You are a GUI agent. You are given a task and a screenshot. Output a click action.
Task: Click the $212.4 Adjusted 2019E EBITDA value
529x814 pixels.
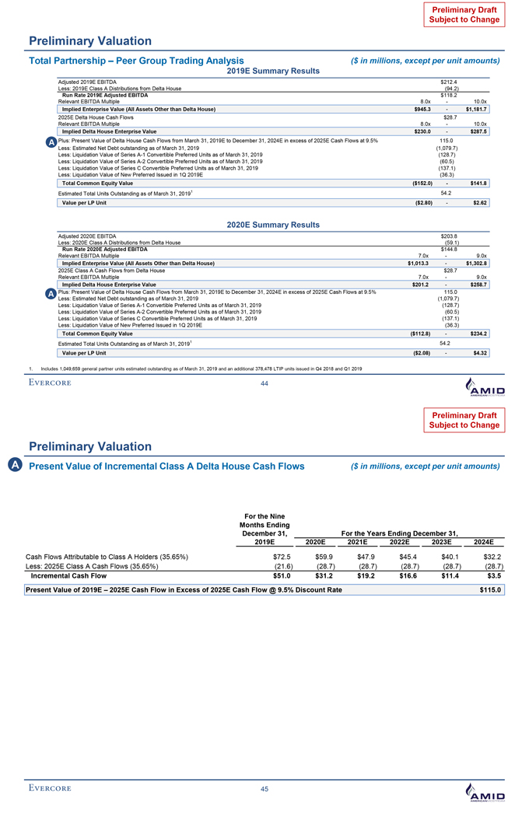448,82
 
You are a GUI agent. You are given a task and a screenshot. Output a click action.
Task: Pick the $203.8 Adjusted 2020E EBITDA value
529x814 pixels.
448,236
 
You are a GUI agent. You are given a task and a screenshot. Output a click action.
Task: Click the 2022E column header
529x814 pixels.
398,542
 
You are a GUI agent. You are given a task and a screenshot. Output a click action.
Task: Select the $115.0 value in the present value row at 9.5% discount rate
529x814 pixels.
492,591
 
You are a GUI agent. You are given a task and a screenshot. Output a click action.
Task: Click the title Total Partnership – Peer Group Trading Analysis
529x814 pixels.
136,61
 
